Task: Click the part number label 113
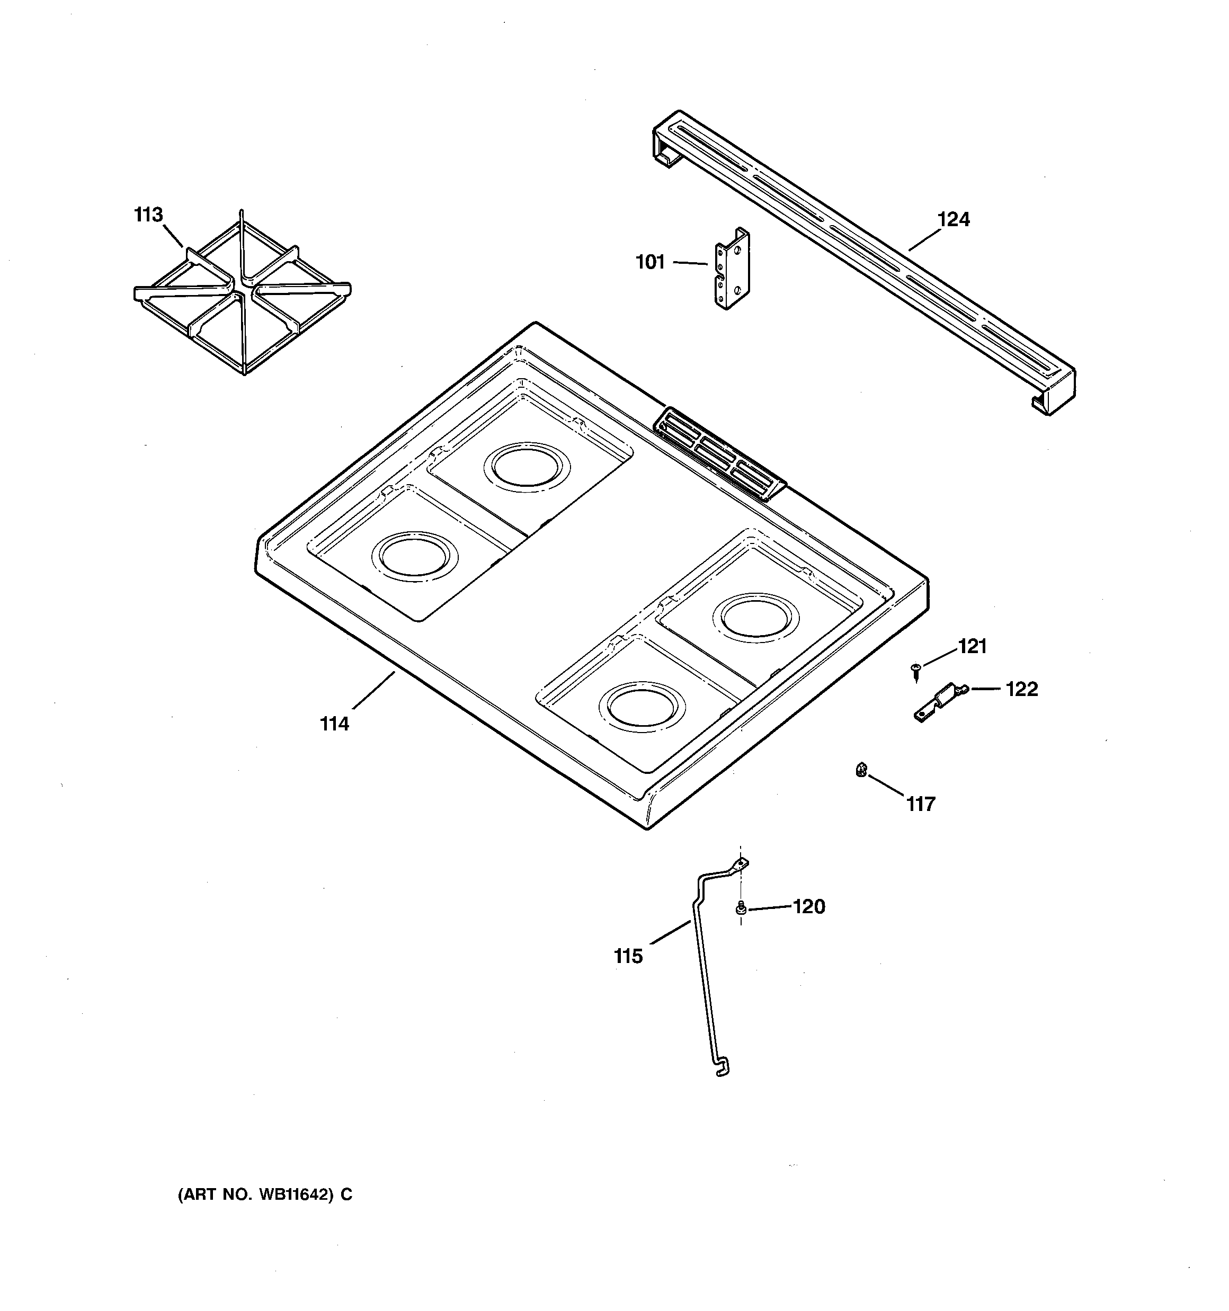point(148,215)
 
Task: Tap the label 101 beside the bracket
point(650,262)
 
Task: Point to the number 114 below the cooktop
point(334,724)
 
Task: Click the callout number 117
point(920,804)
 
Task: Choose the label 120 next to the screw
point(809,907)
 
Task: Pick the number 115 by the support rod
point(628,956)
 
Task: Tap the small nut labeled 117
point(861,769)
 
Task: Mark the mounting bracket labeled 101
point(732,269)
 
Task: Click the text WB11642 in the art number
point(293,1195)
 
